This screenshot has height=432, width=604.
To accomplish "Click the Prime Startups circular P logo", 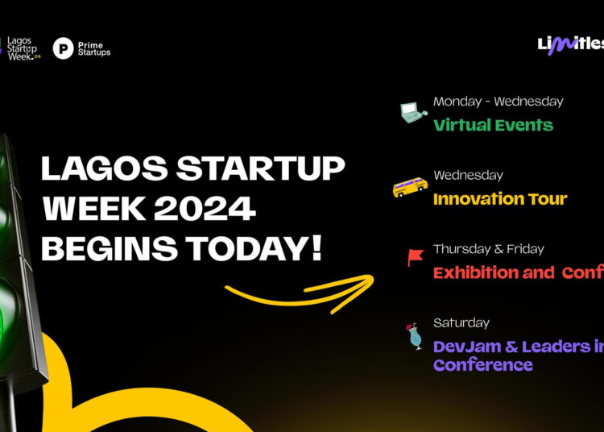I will tap(63, 48).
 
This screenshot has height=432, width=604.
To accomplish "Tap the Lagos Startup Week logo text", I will tap(23, 48).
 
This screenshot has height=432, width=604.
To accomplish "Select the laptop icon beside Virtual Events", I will tap(412, 114).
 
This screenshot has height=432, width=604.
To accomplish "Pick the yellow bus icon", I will tap(410, 188).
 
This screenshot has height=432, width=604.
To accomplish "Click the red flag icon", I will tap(416, 258).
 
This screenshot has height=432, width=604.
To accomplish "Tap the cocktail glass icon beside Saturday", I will tap(414, 336).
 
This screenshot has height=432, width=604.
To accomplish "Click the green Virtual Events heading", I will tap(493, 125).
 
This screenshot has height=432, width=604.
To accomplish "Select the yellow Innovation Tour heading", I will tap(500, 199).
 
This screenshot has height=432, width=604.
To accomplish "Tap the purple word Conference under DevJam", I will tap(482, 365).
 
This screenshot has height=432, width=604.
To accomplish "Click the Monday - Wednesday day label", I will tap(498, 102).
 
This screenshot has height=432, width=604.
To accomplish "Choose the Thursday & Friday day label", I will tap(488, 249).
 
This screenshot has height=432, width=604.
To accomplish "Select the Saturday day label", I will tap(461, 322).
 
